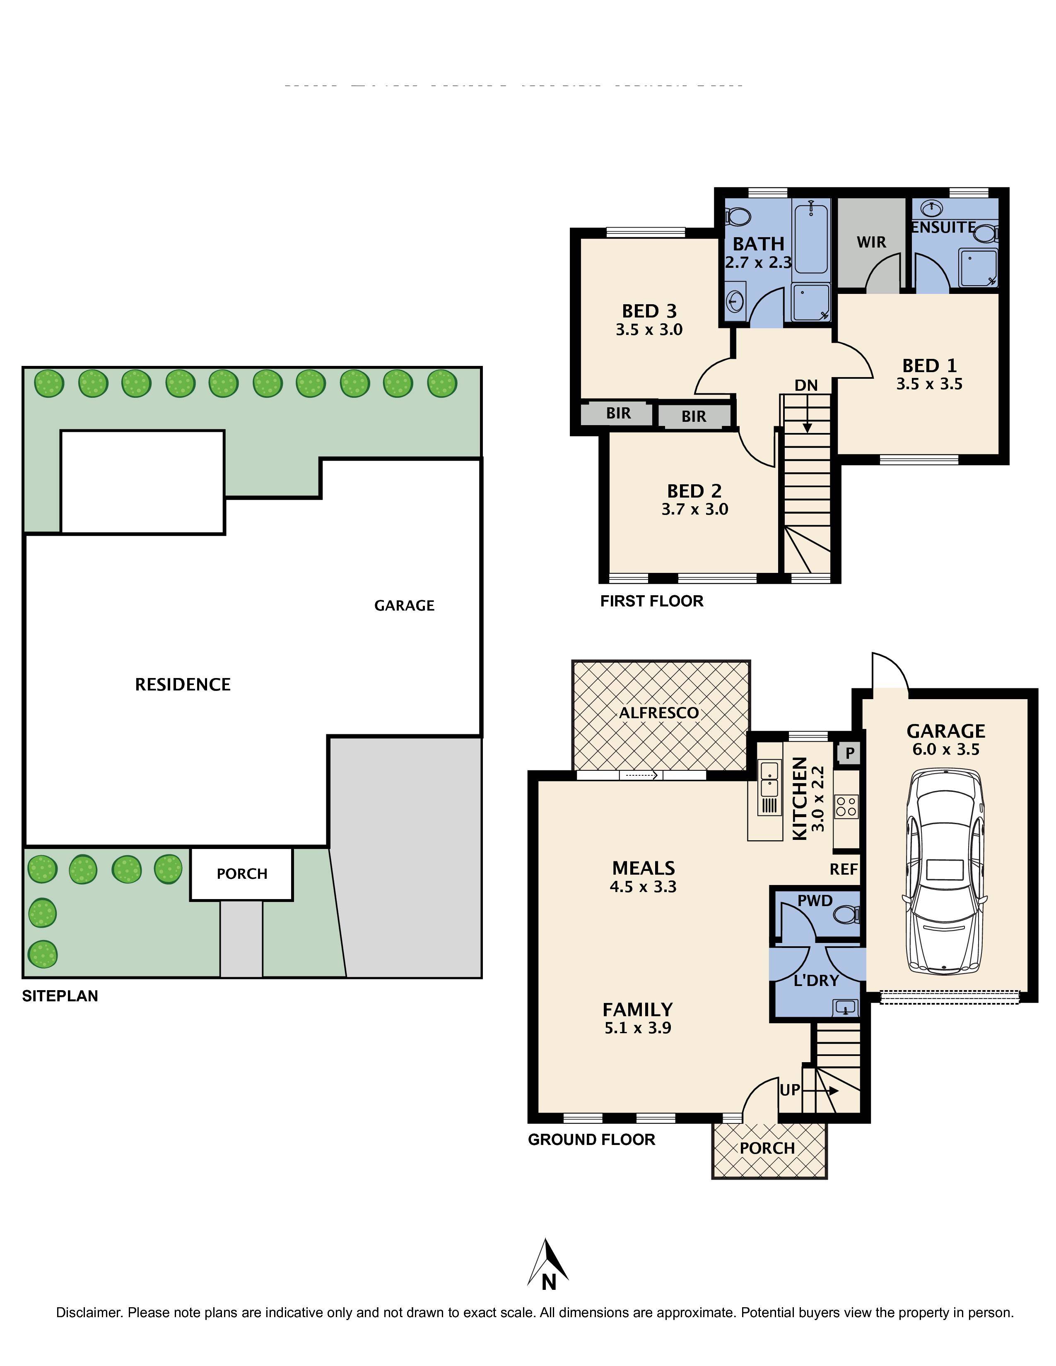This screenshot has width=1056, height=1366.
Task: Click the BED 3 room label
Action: coord(649,311)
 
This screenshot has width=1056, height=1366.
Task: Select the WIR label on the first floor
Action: coord(871,242)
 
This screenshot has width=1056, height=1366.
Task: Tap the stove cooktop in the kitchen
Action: coord(846,805)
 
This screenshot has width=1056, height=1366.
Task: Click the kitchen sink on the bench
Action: coord(769,778)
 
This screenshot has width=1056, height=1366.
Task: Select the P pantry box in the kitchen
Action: coord(849,753)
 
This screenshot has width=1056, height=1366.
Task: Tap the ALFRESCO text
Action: coord(659,712)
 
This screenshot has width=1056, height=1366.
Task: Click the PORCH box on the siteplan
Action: coord(241,874)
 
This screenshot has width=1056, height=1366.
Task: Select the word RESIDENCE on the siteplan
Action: coord(183,684)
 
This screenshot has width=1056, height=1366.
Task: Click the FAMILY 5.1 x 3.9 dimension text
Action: coord(637,1028)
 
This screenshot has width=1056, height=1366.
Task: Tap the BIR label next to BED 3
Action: coord(618,414)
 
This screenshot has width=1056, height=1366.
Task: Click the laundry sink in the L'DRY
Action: coord(845,1008)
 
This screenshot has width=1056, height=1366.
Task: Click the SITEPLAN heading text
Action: coord(60,996)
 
